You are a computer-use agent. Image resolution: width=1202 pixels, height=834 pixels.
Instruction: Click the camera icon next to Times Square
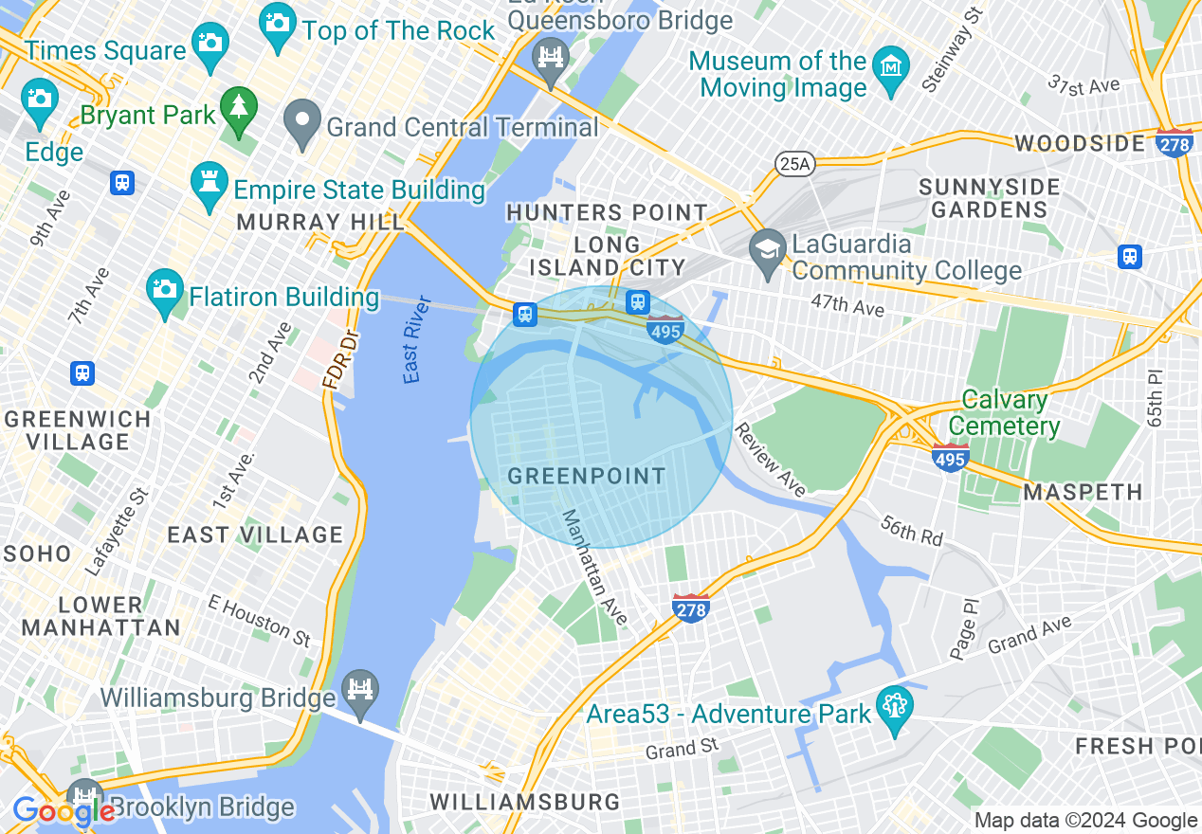209,42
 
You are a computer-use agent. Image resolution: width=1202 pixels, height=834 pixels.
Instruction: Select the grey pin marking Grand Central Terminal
303,123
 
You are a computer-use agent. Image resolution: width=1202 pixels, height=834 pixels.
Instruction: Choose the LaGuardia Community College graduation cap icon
766,251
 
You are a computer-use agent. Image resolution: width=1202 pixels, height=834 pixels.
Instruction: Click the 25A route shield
794,164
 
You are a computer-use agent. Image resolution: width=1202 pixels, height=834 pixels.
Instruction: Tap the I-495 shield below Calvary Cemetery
950,458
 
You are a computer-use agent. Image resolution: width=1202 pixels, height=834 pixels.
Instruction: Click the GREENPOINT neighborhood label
587,476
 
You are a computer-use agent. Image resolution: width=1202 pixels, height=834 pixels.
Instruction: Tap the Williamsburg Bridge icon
360,689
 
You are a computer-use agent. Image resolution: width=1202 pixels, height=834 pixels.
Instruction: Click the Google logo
63,810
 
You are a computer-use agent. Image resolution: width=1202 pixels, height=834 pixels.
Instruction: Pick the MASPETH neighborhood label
1083,492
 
